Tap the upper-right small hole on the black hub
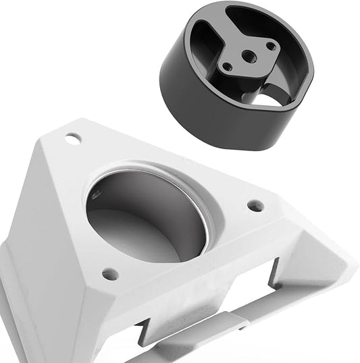[x=272, y=46]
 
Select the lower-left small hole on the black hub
[x=228, y=67]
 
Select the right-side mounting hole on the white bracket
[x=255, y=205]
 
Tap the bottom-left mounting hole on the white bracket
[x=110, y=274]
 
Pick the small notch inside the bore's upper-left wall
[x=95, y=196]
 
